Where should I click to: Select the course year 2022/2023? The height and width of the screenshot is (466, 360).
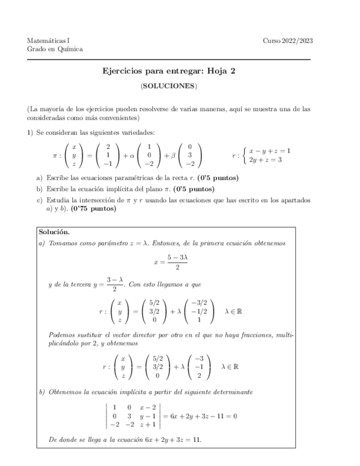(287, 40)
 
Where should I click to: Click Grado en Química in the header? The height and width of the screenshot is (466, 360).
(55, 49)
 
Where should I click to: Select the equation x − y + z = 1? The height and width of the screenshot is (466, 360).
(269, 151)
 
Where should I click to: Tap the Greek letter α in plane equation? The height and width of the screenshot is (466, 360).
(133, 156)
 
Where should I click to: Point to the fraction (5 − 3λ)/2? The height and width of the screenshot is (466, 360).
(178, 262)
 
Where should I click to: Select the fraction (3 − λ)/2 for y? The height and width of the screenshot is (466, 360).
(115, 284)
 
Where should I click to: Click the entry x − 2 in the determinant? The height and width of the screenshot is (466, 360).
(148, 407)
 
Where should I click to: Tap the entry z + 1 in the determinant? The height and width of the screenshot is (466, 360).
(148, 424)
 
